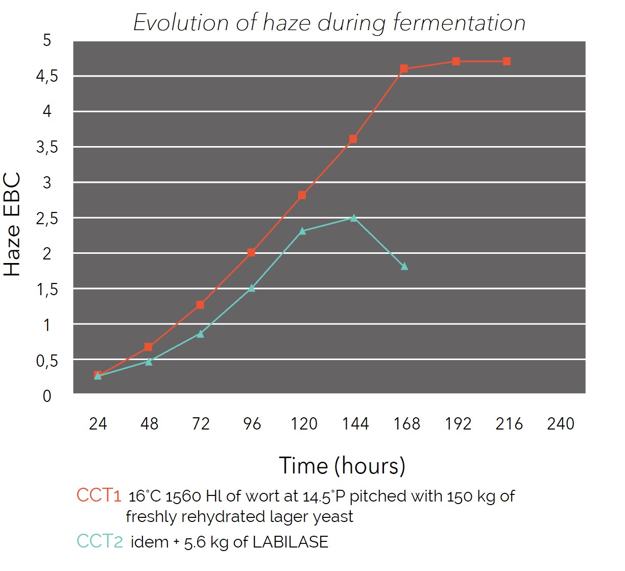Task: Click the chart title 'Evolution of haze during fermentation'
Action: click(x=329, y=23)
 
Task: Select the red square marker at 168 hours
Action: click(x=404, y=68)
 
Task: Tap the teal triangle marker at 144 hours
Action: click(x=353, y=218)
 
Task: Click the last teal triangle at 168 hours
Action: click(x=404, y=266)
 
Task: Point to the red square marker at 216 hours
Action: click(x=507, y=61)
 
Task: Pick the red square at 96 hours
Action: click(x=251, y=252)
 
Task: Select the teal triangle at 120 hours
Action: click(x=302, y=231)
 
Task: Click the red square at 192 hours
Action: click(x=456, y=61)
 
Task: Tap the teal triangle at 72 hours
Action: click(x=200, y=334)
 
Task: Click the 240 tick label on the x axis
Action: click(x=560, y=423)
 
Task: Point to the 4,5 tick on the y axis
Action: click(x=47, y=76)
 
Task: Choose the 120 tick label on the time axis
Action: click(x=304, y=423)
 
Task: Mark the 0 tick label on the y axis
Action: click(x=47, y=396)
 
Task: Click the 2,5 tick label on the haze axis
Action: click(x=47, y=218)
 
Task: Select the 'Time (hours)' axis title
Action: click(x=342, y=466)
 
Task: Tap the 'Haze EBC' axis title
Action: click(x=12, y=225)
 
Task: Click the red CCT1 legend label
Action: click(x=99, y=495)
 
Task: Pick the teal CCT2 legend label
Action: click(x=100, y=541)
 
